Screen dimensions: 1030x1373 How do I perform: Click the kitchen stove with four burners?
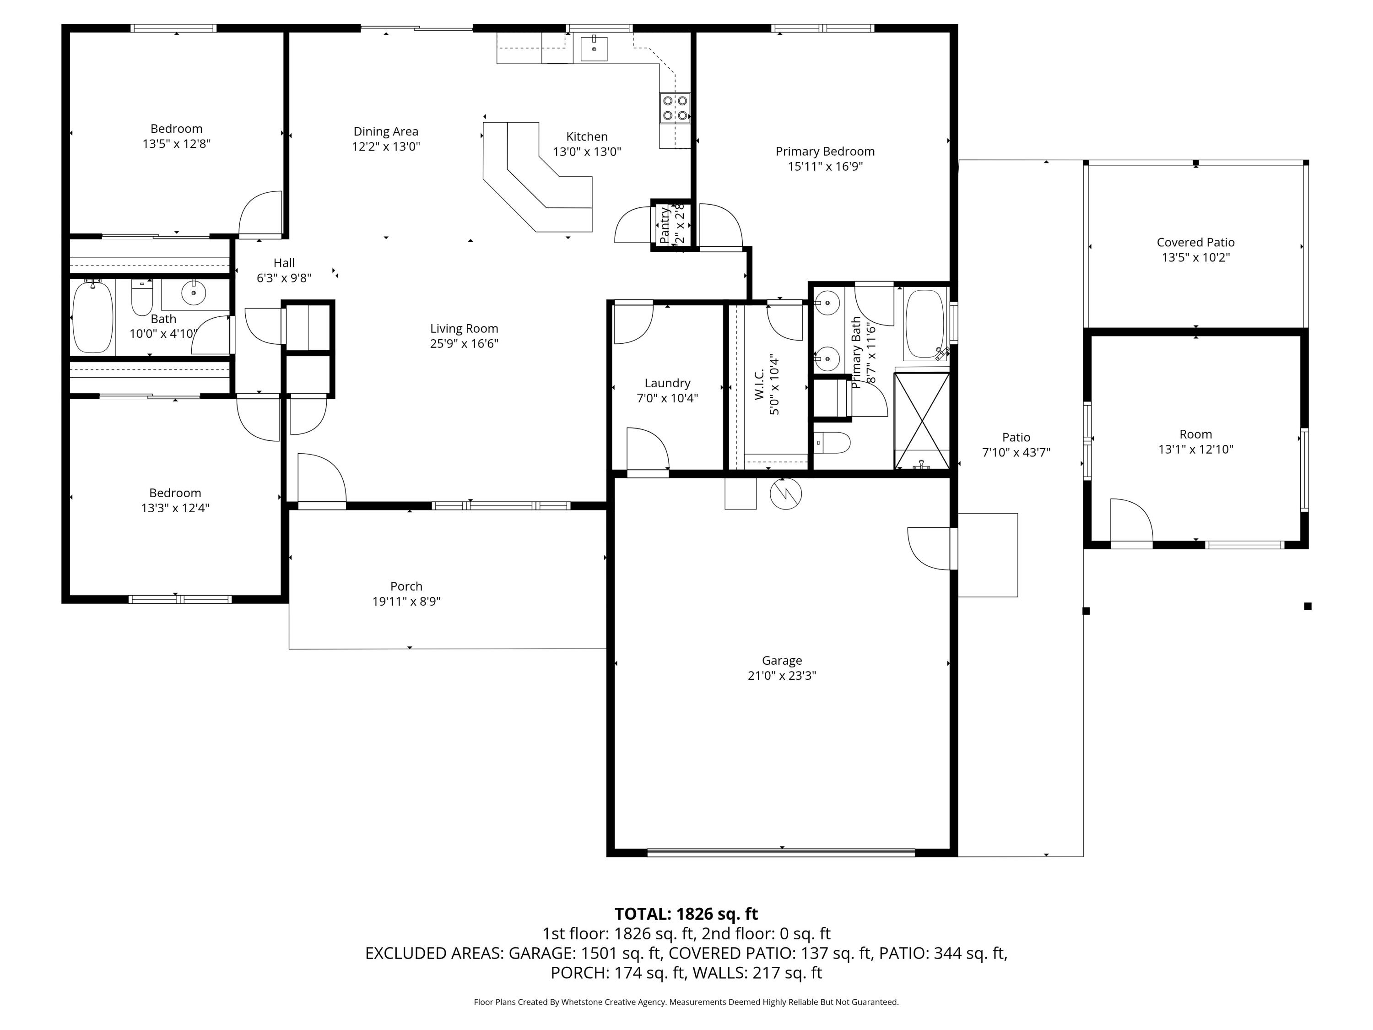[675, 108]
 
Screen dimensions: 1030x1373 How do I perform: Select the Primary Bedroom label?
[825, 152]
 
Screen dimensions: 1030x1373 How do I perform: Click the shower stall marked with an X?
[922, 420]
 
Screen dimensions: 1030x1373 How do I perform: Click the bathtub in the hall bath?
[93, 317]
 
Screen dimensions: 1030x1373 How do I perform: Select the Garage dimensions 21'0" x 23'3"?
[782, 676]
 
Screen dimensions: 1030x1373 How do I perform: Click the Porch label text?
[406, 586]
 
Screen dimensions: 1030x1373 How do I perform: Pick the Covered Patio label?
[1195, 243]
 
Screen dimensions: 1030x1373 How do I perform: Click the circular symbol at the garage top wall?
[785, 494]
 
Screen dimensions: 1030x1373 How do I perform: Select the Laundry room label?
[667, 383]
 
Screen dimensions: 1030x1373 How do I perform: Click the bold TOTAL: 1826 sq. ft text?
[686, 914]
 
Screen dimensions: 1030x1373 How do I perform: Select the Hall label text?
[284, 263]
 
